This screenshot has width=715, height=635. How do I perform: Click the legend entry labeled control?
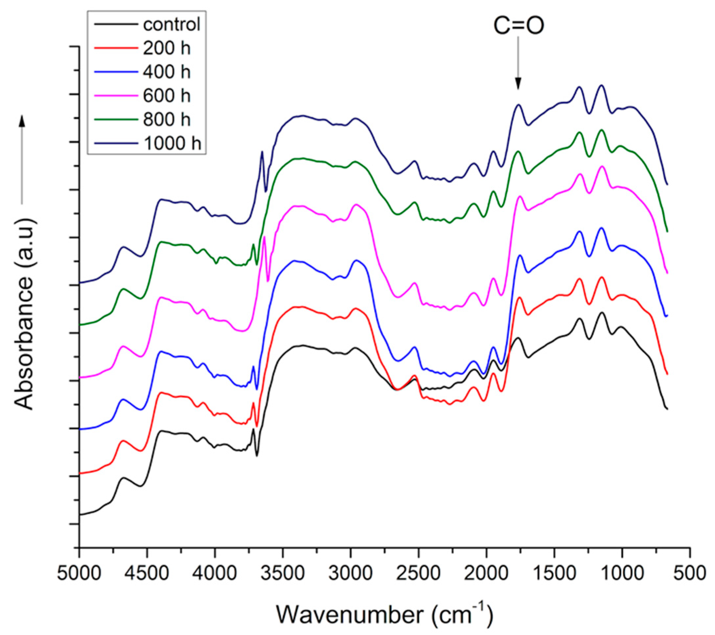(x=171, y=25)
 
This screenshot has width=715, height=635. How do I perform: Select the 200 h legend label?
(x=166, y=48)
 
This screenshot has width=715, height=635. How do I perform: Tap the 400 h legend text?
(x=166, y=72)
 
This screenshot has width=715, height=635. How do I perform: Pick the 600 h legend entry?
(x=166, y=96)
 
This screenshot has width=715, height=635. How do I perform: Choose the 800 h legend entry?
(x=166, y=120)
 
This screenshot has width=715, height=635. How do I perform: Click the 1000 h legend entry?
(x=172, y=143)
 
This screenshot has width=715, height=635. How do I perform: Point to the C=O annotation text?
(x=519, y=26)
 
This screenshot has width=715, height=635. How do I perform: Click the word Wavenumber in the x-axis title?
(x=350, y=614)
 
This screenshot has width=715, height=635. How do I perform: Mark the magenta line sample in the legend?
(x=115, y=96)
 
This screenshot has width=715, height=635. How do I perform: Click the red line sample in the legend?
(x=115, y=48)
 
